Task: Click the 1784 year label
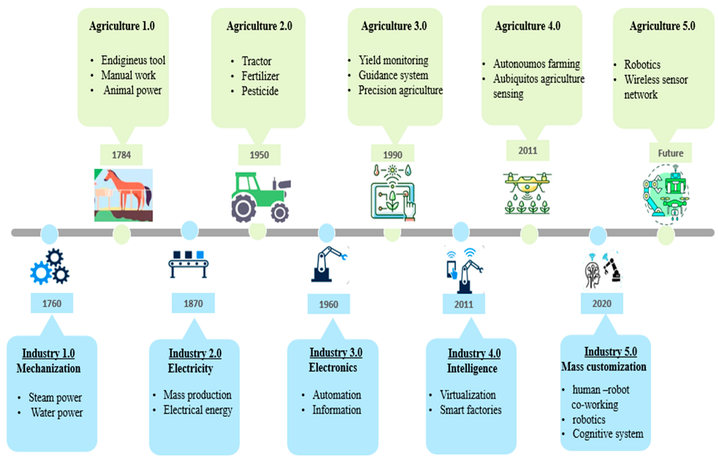pyautogui.click(x=121, y=155)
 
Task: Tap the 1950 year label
pyautogui.click(x=259, y=155)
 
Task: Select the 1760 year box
pyautogui.click(x=52, y=303)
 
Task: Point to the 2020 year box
pyautogui.click(x=602, y=303)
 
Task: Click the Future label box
pyautogui.click(x=671, y=153)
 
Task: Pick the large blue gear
pyautogui.click(x=41, y=272)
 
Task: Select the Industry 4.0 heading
pyautogui.click(x=474, y=354)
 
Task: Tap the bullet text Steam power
pyautogui.click(x=55, y=397)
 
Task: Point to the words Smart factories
pyautogui.click(x=471, y=410)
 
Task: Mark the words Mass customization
pyautogui.click(x=604, y=367)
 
